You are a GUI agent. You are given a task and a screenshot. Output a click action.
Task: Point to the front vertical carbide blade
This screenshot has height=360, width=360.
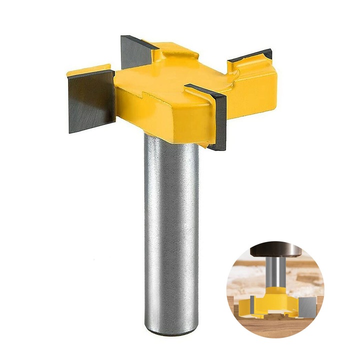(x=218, y=120)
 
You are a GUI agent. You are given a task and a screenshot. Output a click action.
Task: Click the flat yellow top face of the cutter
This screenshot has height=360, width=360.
(x=165, y=80)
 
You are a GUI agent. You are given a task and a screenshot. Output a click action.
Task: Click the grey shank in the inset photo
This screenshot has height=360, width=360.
(x=274, y=272)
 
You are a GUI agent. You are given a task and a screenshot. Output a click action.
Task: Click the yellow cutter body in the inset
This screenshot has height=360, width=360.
(x=275, y=300)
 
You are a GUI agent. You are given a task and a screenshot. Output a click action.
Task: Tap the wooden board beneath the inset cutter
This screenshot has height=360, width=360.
(x=275, y=327)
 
